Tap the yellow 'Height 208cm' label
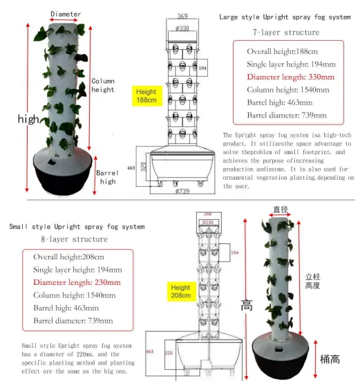pyautogui.click(x=180, y=291)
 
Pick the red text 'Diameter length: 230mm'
pyautogui.click(x=77, y=282)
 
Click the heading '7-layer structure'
pyautogui.click(x=285, y=32)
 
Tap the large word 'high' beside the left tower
pyautogui.click(x=28, y=119)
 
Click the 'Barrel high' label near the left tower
pyautogui.click(x=107, y=176)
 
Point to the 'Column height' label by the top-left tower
pyautogui.click(x=103, y=85)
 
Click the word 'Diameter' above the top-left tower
pyautogui.click(x=66, y=14)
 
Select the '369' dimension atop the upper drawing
pyautogui.click(x=182, y=17)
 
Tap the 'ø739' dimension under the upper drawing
pyautogui.click(x=182, y=190)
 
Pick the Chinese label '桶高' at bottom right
pyautogui.click(x=329, y=359)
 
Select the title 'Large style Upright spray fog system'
pyautogui.click(x=285, y=17)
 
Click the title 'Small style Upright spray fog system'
pyautogui.click(x=77, y=226)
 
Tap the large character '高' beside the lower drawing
pyautogui.click(x=246, y=305)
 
